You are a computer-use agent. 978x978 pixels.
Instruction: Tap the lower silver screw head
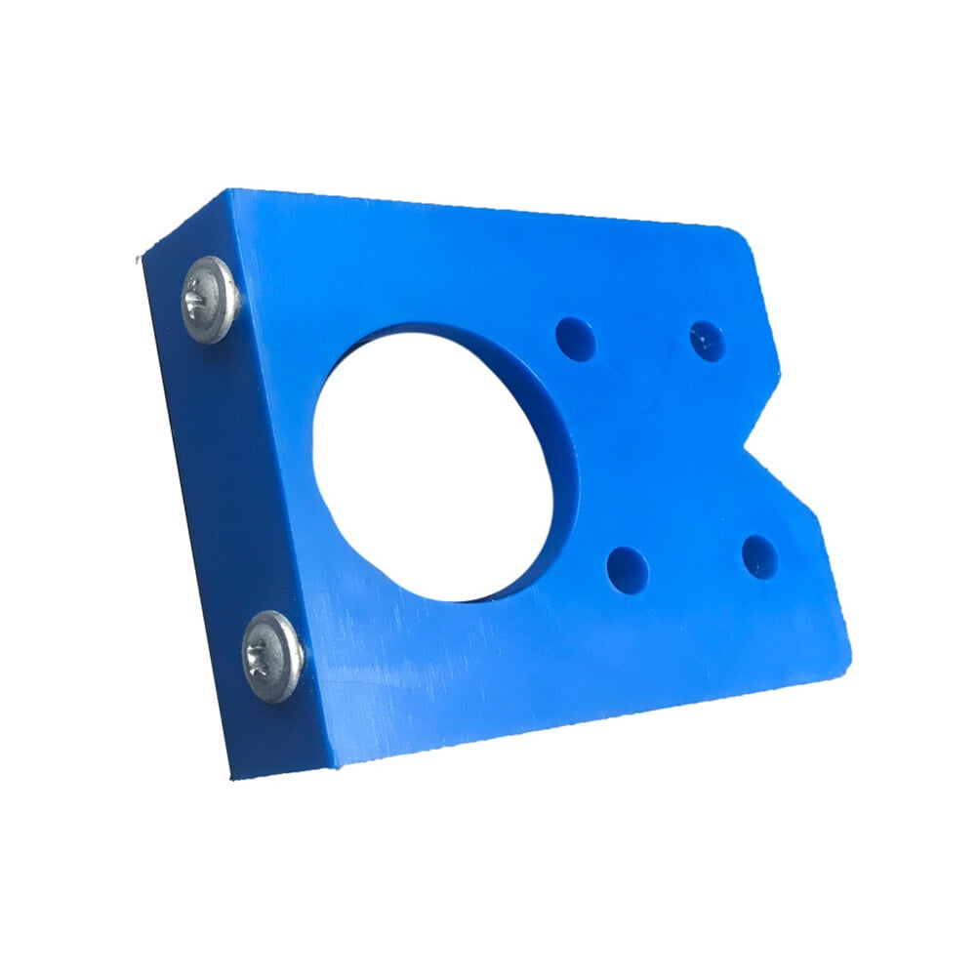[273, 656]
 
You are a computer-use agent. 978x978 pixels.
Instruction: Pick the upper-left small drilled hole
[576, 339]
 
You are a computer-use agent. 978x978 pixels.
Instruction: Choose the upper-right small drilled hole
[707, 342]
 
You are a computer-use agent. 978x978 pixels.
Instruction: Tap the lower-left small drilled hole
[627, 570]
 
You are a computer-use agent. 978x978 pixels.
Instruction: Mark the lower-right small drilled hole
[759, 556]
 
